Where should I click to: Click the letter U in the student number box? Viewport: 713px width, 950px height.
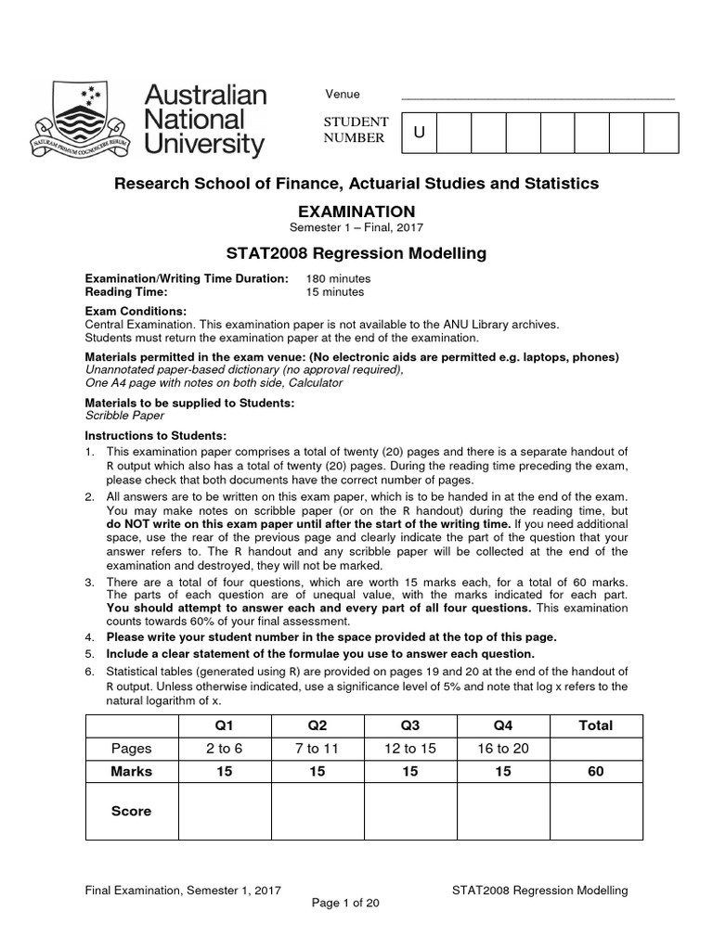(419, 133)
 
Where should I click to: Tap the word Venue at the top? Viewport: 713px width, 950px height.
(342, 95)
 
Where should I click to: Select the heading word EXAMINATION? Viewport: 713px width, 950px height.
(356, 212)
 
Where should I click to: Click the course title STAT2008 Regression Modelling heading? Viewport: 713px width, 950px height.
(356, 253)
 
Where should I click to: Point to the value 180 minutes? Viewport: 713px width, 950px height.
(338, 278)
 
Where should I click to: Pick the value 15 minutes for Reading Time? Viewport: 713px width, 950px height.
(334, 291)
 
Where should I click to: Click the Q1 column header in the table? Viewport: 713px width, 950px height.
(224, 725)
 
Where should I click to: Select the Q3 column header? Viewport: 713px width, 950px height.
(409, 725)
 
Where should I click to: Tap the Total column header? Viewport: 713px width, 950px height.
(595, 725)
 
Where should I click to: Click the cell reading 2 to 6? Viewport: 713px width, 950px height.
(224, 749)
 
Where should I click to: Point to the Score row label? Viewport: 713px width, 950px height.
(131, 811)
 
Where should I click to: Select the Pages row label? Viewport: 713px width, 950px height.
(131, 749)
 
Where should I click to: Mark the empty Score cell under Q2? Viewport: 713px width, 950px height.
(317, 811)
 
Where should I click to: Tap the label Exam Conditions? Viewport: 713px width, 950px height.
(136, 311)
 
